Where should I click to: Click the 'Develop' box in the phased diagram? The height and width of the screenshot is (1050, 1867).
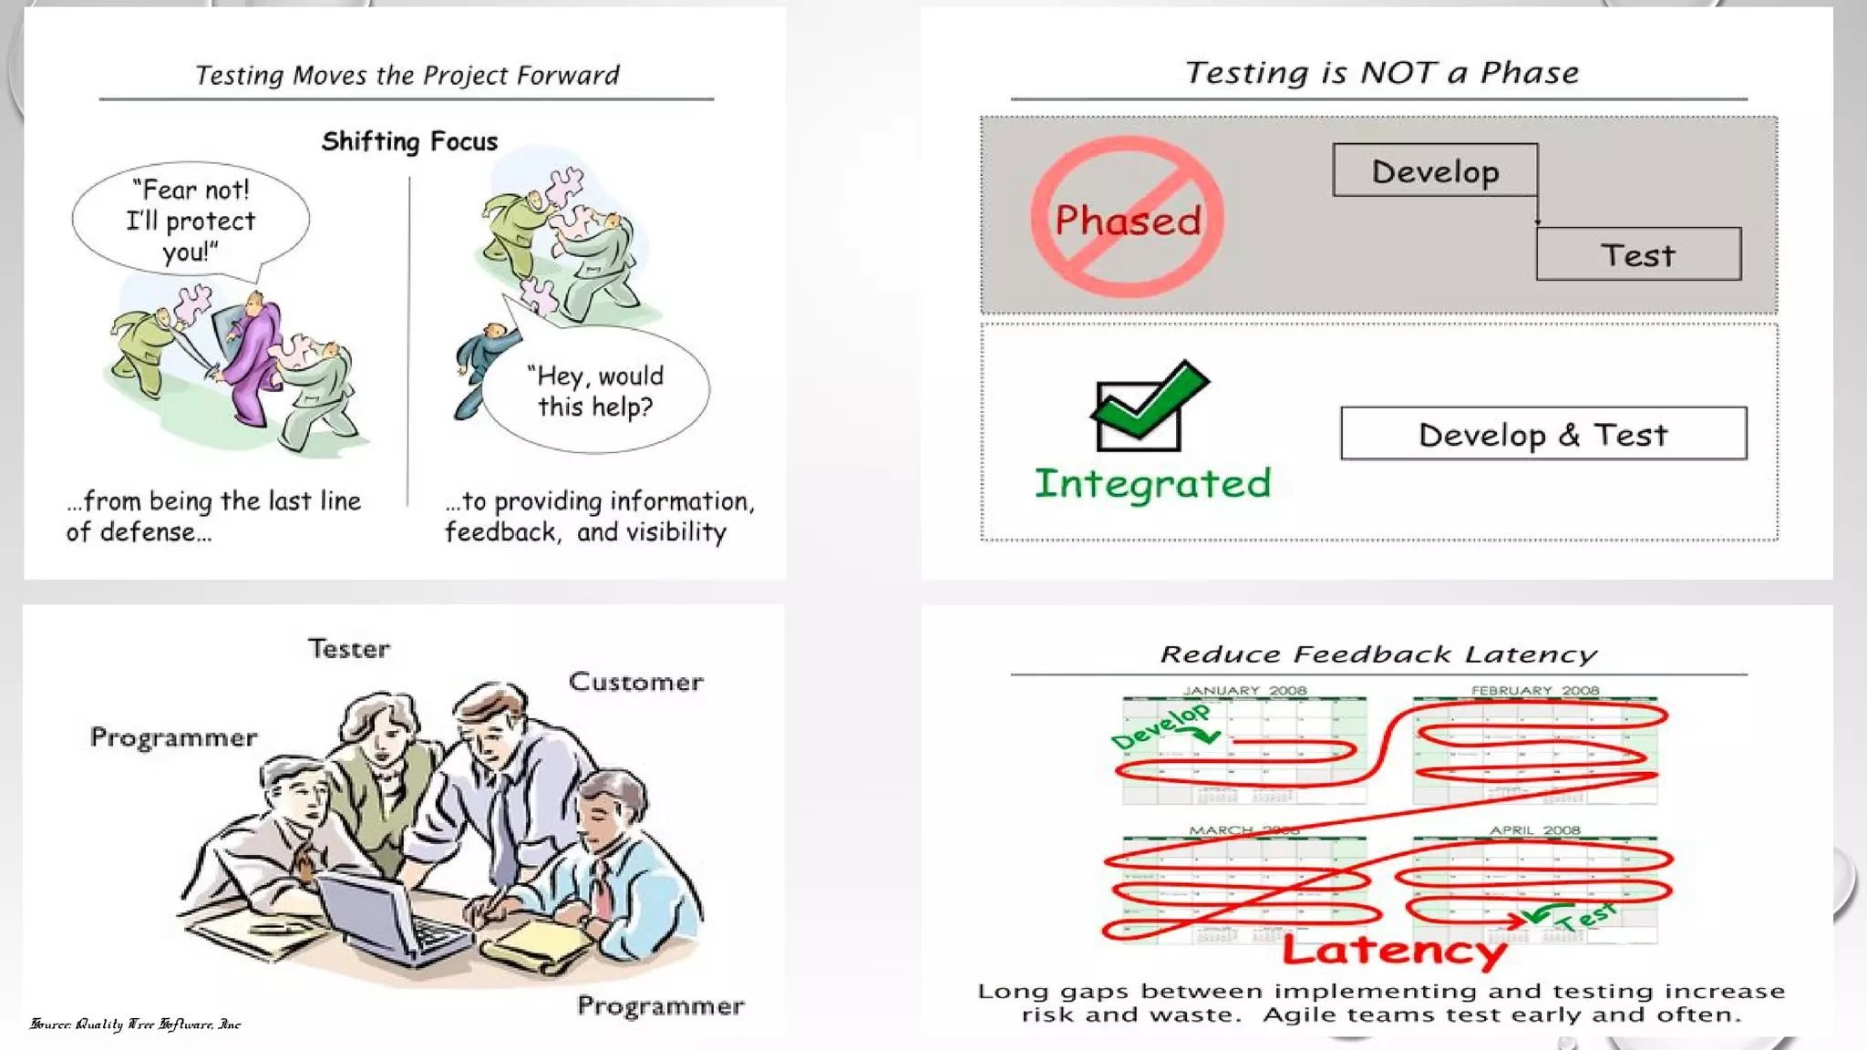[1435, 170]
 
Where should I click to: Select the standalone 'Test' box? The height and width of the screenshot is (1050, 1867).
[1638, 254]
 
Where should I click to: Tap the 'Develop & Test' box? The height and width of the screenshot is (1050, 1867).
[1543, 434]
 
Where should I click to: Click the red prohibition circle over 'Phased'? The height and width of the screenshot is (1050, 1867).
[1128, 217]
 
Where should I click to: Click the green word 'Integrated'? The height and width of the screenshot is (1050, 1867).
[1152, 483]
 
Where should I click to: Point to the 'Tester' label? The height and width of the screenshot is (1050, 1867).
[349, 649]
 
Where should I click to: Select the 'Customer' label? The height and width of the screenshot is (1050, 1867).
[636, 682]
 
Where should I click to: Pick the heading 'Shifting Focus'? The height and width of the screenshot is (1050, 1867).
[409, 141]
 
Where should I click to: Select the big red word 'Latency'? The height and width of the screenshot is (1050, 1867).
[1394, 951]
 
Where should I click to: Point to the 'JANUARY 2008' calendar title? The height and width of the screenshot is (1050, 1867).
[1244, 691]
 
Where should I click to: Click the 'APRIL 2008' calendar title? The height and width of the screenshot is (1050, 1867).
[1534, 830]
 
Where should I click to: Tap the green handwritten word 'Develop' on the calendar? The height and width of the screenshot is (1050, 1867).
[1160, 726]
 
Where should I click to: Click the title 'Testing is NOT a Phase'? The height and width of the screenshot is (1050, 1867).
[1381, 73]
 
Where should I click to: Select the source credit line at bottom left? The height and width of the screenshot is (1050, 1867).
[136, 1024]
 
